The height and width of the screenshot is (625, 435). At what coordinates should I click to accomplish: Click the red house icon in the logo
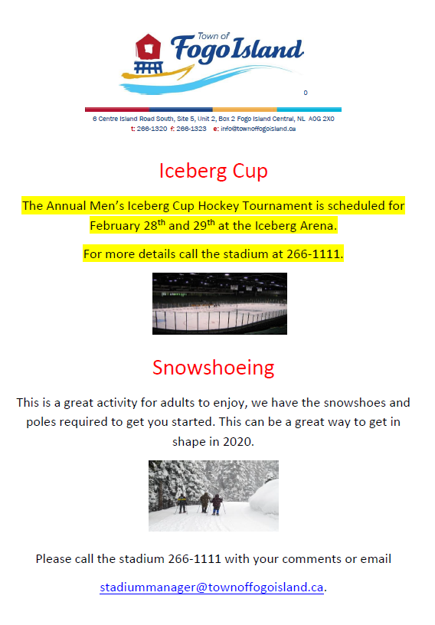(149, 47)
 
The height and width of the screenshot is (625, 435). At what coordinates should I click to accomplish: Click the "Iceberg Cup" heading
(214, 172)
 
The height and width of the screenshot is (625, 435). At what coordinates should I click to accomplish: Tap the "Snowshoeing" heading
(214, 368)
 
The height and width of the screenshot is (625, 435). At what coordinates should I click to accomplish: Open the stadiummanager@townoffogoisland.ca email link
(211, 587)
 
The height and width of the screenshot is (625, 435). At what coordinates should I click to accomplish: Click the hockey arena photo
(220, 303)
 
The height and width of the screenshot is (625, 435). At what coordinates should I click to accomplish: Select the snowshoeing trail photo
(214, 496)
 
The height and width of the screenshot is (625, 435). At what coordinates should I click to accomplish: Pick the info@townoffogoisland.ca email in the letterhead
(258, 129)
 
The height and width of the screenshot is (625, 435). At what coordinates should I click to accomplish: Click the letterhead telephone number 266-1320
(152, 129)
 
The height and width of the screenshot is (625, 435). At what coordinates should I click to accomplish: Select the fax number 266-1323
(191, 129)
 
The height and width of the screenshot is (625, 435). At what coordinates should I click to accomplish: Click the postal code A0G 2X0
(322, 119)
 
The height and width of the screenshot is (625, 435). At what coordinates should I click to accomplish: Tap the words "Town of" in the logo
(214, 36)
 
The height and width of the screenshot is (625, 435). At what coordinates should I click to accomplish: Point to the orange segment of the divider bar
(245, 110)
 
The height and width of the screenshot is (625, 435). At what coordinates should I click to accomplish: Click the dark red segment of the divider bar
(117, 110)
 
